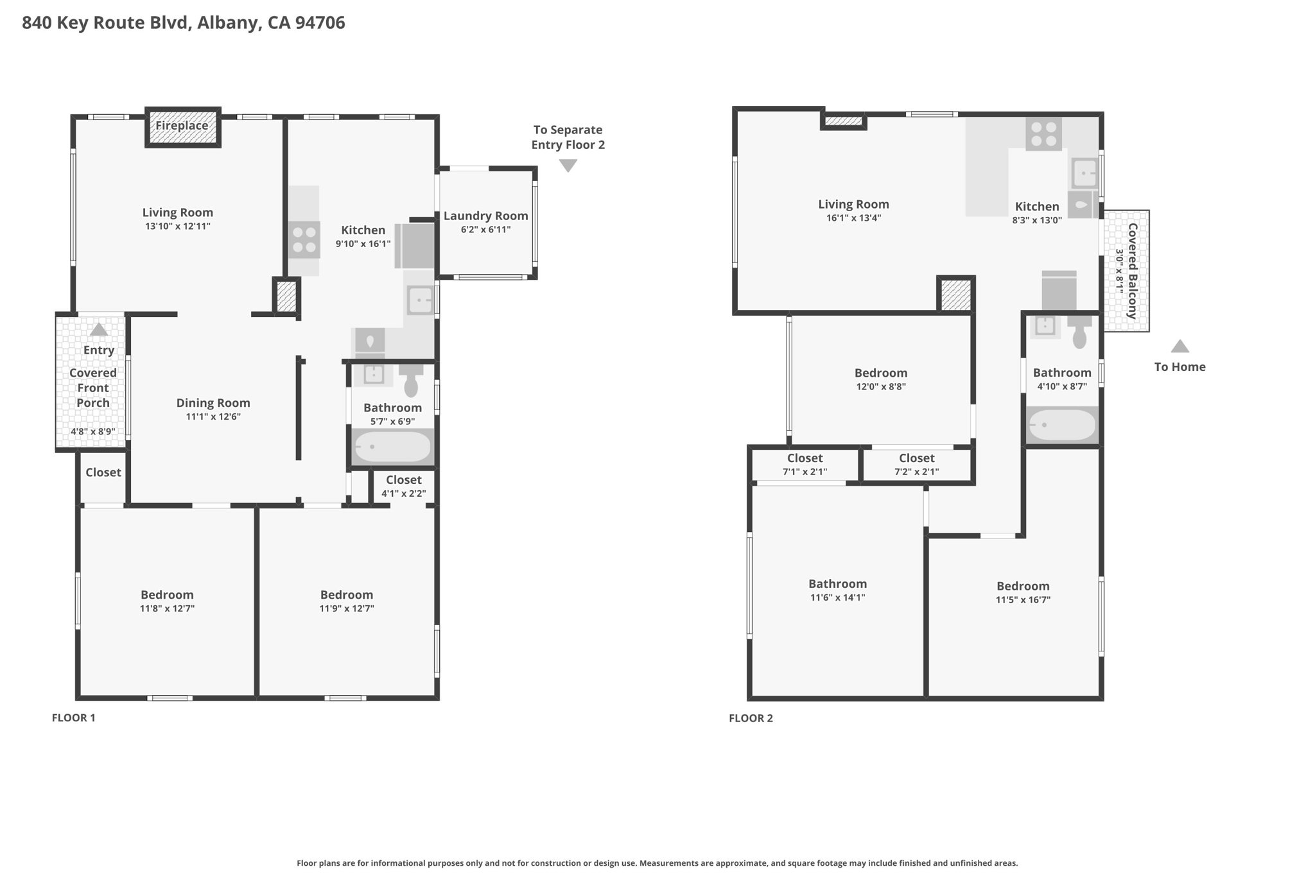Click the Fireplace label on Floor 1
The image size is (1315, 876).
click(182, 126)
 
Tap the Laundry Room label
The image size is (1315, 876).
click(485, 216)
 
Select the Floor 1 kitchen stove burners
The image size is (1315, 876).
click(304, 239)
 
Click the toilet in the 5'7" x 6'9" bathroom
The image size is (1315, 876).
click(411, 381)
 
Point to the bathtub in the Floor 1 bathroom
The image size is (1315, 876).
click(392, 447)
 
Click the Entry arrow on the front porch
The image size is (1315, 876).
click(98, 330)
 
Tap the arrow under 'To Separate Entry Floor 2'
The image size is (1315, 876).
click(568, 166)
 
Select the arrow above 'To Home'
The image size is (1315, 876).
click(1180, 347)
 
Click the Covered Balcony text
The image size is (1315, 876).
click(1133, 271)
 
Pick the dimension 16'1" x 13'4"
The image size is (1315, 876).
click(853, 218)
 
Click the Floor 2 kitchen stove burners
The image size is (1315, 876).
click(1043, 134)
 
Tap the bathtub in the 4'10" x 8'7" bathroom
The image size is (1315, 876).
click(1061, 425)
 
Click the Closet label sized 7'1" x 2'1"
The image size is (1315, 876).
click(805, 458)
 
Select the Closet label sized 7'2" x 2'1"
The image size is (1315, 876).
click(916, 458)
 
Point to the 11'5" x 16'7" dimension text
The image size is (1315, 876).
click(1023, 600)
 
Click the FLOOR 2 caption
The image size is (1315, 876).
click(751, 718)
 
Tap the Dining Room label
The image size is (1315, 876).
click(213, 403)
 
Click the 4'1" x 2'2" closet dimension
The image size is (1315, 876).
click(403, 494)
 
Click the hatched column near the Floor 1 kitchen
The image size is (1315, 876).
click(286, 297)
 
